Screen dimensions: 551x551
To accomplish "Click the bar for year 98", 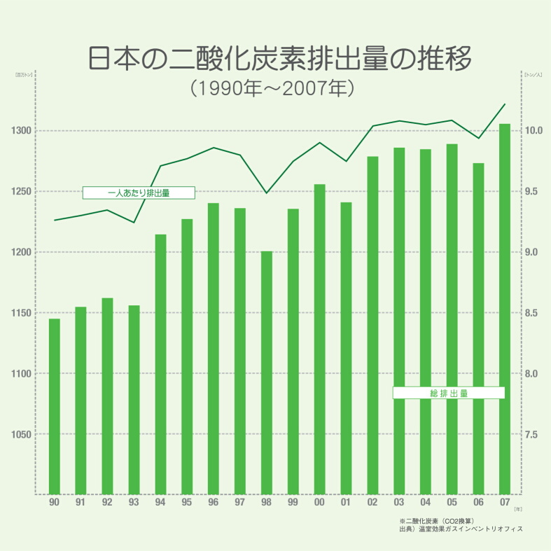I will (x=267, y=372).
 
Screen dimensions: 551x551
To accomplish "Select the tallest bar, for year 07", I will (x=505, y=309).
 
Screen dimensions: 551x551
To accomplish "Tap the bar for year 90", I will (x=54, y=406).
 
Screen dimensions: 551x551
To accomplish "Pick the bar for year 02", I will (x=372, y=325).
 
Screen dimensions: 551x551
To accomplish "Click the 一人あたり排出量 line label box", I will (x=139, y=193).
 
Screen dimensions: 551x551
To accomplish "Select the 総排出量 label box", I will (x=449, y=393).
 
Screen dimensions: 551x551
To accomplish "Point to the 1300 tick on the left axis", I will (x=20, y=131).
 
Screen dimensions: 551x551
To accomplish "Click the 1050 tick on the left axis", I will (x=20, y=435).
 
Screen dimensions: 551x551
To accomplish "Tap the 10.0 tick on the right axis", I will (x=533, y=131).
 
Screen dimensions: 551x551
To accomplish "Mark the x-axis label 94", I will (x=160, y=503).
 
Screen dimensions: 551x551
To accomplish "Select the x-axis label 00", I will (x=319, y=503).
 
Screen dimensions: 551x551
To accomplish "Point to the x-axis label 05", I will (x=452, y=503).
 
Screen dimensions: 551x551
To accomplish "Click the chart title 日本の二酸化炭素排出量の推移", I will (x=279, y=58).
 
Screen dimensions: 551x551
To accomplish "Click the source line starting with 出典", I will (x=460, y=530).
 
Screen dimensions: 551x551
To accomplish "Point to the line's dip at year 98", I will (x=267, y=193).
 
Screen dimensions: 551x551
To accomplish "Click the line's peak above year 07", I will (x=505, y=104).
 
